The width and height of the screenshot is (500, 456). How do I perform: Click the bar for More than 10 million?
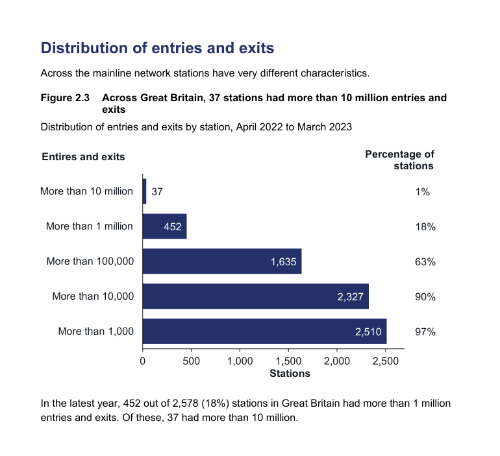click(144, 191)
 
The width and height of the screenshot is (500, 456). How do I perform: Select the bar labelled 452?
click(164, 226)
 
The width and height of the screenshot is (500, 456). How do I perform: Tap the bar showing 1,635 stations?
click(221, 261)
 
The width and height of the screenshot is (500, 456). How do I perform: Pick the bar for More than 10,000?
click(255, 296)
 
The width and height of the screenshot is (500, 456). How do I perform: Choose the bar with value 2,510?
click(264, 331)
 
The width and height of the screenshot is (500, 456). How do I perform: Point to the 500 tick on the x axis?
click(191, 361)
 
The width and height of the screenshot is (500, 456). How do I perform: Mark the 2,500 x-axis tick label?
click(385, 361)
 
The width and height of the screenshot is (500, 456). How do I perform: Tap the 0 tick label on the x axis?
click(142, 361)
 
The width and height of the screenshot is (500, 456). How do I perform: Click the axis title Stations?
click(290, 373)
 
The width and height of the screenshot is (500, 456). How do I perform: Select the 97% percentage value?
click(425, 331)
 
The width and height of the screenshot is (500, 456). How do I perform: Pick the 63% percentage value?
click(425, 261)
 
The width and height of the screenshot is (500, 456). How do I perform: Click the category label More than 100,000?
click(90, 261)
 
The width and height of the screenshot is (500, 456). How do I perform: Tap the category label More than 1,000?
click(95, 331)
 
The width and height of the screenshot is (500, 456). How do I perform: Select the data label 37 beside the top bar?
click(156, 192)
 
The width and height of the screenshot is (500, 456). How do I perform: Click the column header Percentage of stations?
click(400, 160)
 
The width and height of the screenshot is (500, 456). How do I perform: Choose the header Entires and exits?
click(83, 156)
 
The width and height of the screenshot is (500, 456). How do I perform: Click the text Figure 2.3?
click(65, 98)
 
